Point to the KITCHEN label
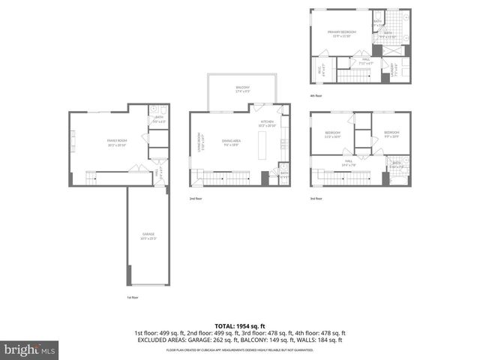pos(268,121)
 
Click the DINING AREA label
pos(232,142)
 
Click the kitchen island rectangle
pos(262,149)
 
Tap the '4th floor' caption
pos(315,95)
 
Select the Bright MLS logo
pos(28,349)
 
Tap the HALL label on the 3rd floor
pos(349,162)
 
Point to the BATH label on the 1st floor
pos(159,118)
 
